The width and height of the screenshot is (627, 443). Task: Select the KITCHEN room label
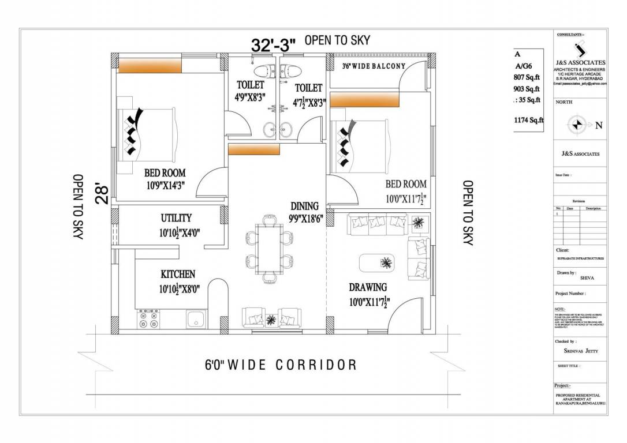(178, 275)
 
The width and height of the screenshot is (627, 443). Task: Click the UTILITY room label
(176, 218)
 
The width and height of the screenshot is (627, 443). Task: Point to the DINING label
(304, 206)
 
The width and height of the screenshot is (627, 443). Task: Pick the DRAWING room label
(368, 287)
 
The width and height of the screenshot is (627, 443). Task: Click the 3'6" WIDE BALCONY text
(374, 66)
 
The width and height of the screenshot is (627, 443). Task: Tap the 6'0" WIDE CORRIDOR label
(281, 365)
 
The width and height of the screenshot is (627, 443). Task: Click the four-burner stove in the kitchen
(148, 319)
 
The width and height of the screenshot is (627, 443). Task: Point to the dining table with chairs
(269, 248)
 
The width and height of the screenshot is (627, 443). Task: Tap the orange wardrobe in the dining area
(254, 149)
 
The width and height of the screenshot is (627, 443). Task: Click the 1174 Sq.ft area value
(529, 121)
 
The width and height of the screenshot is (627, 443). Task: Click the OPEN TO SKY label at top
(337, 40)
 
